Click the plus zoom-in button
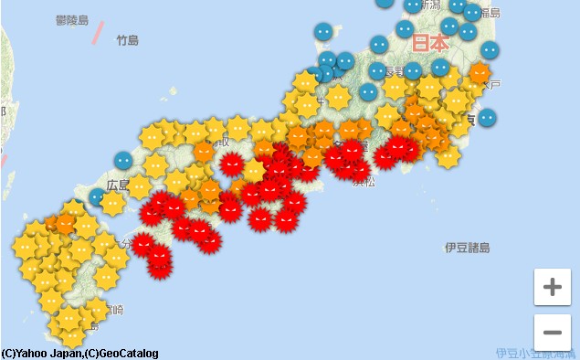(552, 287)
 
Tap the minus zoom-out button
(552, 332)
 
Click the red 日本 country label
(429, 43)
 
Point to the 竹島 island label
(127, 40)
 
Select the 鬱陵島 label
(71, 20)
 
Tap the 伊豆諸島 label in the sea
(467, 248)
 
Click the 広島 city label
(117, 185)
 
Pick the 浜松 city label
(364, 183)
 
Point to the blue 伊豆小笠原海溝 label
(537, 353)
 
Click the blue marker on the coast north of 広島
(123, 160)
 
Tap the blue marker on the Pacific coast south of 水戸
(488, 117)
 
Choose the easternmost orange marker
(480, 72)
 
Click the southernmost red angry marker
(160, 264)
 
